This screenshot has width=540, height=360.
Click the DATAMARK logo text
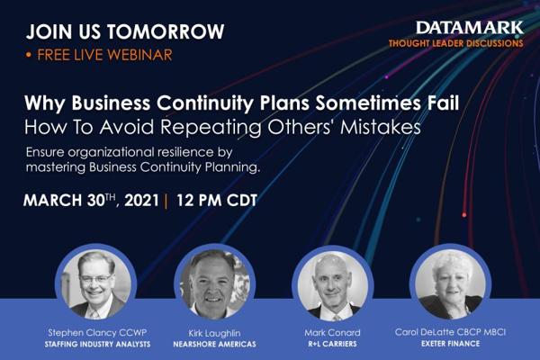(x=470, y=28)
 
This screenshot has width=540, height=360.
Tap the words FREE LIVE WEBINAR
(x=104, y=55)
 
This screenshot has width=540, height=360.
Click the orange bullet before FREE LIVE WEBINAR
(x=29, y=55)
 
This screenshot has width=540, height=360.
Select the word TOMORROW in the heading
(x=166, y=31)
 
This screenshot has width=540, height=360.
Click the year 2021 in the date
(x=141, y=200)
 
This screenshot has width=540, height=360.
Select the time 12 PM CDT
(x=217, y=200)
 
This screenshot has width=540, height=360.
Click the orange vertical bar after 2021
(x=166, y=201)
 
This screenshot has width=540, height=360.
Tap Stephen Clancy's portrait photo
(x=96, y=284)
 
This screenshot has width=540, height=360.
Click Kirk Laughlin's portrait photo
(x=215, y=284)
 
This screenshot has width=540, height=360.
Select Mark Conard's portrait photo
(x=333, y=285)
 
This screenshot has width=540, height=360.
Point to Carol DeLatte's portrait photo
(x=451, y=283)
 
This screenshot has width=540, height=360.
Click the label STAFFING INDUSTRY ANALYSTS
(x=97, y=344)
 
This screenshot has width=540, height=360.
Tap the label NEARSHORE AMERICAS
(x=214, y=344)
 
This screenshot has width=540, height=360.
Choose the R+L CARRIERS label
(x=332, y=344)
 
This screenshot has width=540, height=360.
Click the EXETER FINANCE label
(x=451, y=343)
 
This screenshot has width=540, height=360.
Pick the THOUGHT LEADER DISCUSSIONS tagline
(x=456, y=43)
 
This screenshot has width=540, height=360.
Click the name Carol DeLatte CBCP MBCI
(x=451, y=332)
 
